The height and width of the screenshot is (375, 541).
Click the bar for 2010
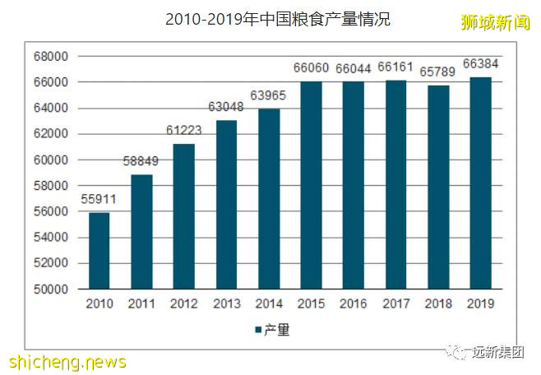point(99,251)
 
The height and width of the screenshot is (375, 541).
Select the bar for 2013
point(226,205)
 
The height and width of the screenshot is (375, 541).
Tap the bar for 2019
point(480,183)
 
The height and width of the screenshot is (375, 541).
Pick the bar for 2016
point(353,185)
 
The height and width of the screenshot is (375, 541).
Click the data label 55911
point(99,198)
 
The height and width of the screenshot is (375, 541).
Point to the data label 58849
point(141,160)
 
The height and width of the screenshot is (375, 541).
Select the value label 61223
point(183,130)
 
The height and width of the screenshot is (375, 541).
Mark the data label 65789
point(438,72)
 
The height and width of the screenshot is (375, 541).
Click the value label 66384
point(480,63)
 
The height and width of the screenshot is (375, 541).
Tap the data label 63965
point(268,95)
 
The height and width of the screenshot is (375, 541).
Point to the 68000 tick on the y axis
point(51,57)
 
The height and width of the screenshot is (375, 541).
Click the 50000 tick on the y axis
point(51,289)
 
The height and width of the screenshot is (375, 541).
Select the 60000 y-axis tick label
point(51,160)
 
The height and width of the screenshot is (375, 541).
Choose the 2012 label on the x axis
point(183,303)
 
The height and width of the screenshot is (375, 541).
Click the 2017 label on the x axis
point(395,303)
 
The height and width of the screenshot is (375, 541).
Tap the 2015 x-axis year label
point(311,303)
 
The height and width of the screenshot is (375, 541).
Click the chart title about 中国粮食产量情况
point(277,19)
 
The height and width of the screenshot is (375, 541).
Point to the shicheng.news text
point(67,362)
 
